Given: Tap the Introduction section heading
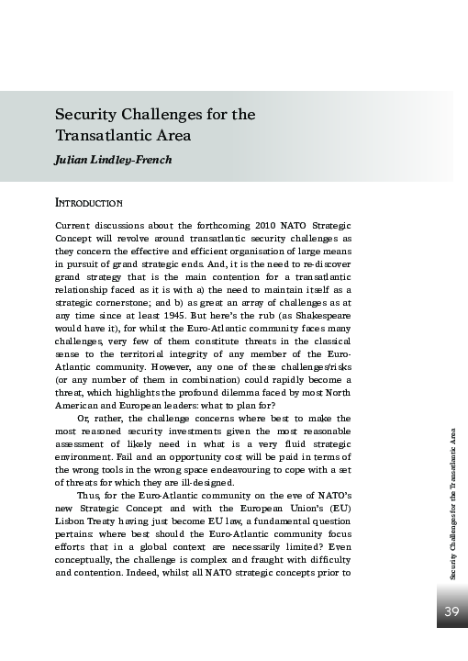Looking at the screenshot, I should (89, 202).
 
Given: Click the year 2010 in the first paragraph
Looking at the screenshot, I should (264, 226).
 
